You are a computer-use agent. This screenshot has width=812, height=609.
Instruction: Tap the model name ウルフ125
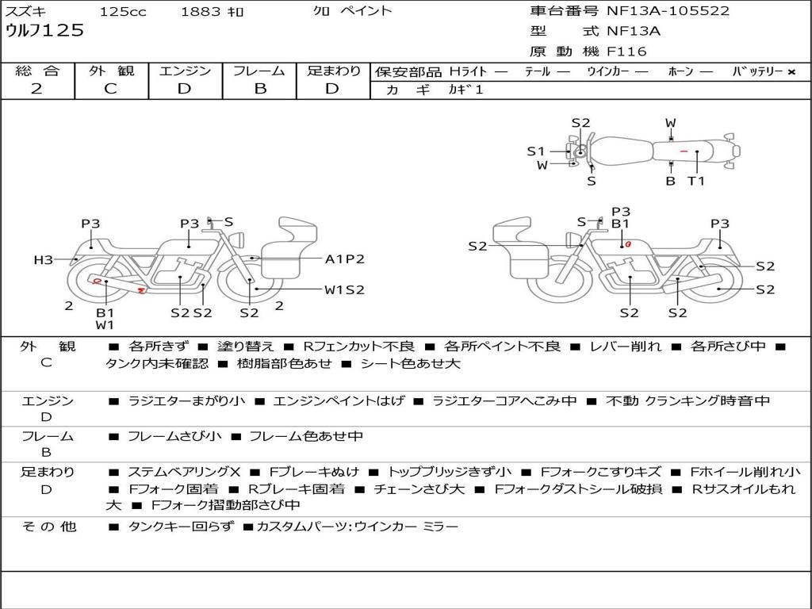[x=44, y=31]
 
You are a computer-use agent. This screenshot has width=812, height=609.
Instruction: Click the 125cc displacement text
[x=123, y=11]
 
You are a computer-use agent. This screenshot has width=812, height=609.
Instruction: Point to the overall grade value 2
[x=36, y=89]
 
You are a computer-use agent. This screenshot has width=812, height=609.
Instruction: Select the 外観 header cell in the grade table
[x=111, y=71]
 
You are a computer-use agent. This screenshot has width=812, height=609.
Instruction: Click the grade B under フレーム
[x=260, y=89]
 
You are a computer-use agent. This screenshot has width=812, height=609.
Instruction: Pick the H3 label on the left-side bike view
[x=44, y=259]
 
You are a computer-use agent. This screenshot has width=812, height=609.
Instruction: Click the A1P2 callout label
[x=344, y=259]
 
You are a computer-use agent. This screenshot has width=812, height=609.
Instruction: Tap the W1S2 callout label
[x=344, y=290]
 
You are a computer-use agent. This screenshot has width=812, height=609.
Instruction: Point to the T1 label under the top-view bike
[x=696, y=181]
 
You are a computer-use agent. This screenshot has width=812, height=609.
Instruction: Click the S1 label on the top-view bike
[x=536, y=151]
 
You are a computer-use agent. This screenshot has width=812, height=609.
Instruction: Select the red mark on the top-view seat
[x=684, y=151]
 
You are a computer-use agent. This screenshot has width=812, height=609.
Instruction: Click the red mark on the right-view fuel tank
[x=628, y=243]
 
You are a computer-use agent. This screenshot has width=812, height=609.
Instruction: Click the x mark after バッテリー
[x=791, y=72]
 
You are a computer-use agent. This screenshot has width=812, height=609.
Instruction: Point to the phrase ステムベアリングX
[x=184, y=472]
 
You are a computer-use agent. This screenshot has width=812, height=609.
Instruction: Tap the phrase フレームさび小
[x=174, y=436]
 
